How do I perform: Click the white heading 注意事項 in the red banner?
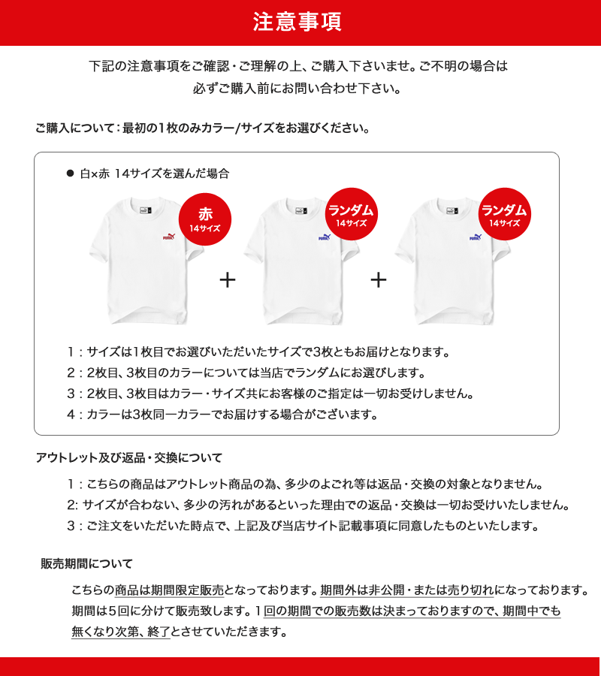click(x=297, y=22)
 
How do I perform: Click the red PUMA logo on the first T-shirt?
click(x=169, y=237)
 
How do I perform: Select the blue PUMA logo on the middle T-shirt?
click(x=325, y=237)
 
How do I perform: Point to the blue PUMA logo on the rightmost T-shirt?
click(x=476, y=237)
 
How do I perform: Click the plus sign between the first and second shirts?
click(x=228, y=280)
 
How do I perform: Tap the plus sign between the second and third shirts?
click(x=379, y=280)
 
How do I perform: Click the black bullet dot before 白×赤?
click(x=71, y=174)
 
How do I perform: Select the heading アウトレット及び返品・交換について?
click(x=129, y=457)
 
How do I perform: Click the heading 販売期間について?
click(x=86, y=563)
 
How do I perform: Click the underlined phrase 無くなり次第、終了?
click(x=121, y=631)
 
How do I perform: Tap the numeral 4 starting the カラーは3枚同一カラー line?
click(x=71, y=414)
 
